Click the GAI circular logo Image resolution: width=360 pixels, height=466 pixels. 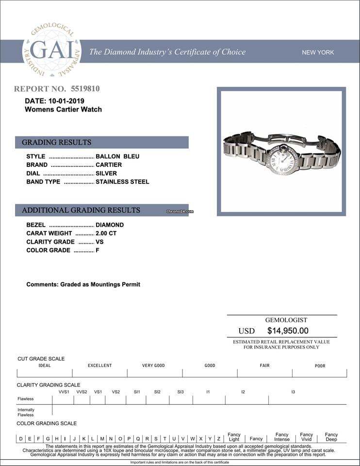pos(51,50)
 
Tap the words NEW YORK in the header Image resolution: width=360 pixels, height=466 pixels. pos(318,52)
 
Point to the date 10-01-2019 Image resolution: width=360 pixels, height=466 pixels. pos(66,101)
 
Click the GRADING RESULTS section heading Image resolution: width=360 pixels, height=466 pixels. pos(56,142)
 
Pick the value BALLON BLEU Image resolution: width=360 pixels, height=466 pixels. pos(117,156)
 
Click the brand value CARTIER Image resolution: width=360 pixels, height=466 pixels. pos(109,165)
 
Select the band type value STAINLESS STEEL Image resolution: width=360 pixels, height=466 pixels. pos(122,182)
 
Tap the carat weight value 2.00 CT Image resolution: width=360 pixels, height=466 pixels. pos(106,233)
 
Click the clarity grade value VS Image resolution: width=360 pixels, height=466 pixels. pos(99,242)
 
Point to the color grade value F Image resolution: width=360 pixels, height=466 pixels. pos(98,250)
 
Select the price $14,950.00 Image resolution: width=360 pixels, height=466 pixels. pos(288,331)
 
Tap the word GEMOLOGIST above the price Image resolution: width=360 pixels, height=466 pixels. pos(286,320)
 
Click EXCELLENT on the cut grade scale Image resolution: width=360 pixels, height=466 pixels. pos(99,366)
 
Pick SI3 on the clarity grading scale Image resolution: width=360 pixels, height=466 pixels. pos(180,392)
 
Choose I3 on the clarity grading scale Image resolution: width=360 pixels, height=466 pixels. pos(293,392)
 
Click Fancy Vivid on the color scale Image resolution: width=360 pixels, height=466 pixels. pos(307,437)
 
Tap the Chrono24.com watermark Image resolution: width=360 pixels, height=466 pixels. pos(180,212)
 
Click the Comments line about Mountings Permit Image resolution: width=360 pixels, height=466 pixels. pos(83,284)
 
